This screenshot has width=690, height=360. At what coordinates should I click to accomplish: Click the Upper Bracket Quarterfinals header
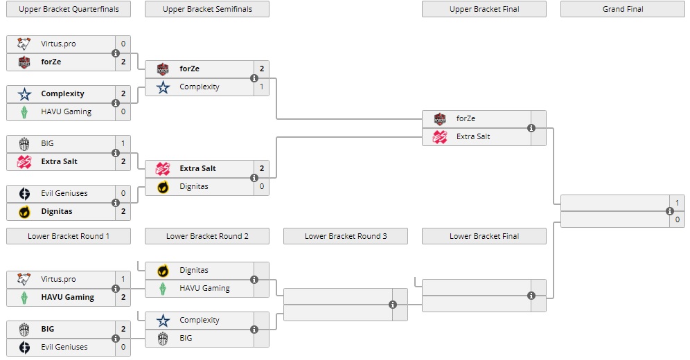[x=68, y=9]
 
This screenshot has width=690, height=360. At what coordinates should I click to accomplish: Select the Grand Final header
[x=622, y=9]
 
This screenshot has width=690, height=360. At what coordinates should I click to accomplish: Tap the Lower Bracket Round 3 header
[x=345, y=236]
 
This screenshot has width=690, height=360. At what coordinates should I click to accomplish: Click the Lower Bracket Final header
[x=484, y=236]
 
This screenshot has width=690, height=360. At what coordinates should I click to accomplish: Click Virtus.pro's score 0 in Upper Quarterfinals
[x=123, y=44]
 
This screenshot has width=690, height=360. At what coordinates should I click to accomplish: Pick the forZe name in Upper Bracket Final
[x=466, y=118]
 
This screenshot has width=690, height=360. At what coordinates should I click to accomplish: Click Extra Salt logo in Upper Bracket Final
[x=440, y=136]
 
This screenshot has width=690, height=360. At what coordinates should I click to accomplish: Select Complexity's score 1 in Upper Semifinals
[x=262, y=87]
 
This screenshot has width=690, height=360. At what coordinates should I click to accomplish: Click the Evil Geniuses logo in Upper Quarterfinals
[x=24, y=193]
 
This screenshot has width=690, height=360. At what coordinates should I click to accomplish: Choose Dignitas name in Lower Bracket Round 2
[x=194, y=270]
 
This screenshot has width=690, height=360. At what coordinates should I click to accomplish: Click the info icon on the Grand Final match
[x=670, y=211]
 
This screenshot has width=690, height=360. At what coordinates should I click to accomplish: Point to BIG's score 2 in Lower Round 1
[x=123, y=329]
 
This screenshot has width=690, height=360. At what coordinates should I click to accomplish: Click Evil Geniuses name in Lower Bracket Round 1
[x=64, y=347]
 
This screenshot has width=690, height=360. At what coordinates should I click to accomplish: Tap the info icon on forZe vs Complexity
[x=254, y=78]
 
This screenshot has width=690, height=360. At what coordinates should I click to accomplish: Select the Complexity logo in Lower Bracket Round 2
[x=163, y=320]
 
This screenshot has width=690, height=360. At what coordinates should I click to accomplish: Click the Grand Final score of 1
[x=678, y=202]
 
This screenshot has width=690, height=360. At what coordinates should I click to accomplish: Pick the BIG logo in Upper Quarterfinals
[x=24, y=143]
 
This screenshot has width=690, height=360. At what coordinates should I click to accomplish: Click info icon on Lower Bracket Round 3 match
[x=393, y=304]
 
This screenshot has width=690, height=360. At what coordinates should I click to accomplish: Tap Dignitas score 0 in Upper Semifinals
[x=262, y=186]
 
